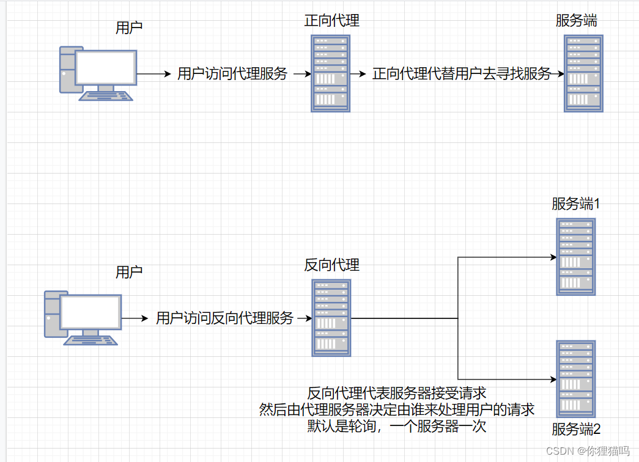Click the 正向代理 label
pyautogui.click(x=331, y=20)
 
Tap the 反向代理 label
pyautogui.click(x=331, y=265)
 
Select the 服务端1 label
pyautogui.click(x=576, y=204)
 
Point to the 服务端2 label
pyautogui.click(x=576, y=428)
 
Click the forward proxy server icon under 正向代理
pyautogui.click(x=330, y=73)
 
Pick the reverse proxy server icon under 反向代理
pyautogui.click(x=331, y=318)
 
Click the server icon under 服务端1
pyautogui.click(x=575, y=257)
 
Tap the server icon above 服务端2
pyautogui.click(x=575, y=379)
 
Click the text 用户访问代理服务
pyautogui.click(x=232, y=74)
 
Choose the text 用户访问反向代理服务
pyautogui.click(x=225, y=318)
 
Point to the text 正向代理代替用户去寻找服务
pyautogui.click(x=462, y=74)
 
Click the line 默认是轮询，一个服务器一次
pyautogui.click(x=397, y=426)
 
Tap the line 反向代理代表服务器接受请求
pyautogui.click(x=397, y=392)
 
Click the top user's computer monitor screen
pyautogui.click(x=105, y=67)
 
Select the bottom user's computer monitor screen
pyautogui.click(x=90, y=312)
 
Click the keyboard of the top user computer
pyautogui.click(x=108, y=96)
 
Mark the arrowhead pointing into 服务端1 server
pyautogui.click(x=553, y=257)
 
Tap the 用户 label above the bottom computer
pyautogui.click(x=129, y=272)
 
